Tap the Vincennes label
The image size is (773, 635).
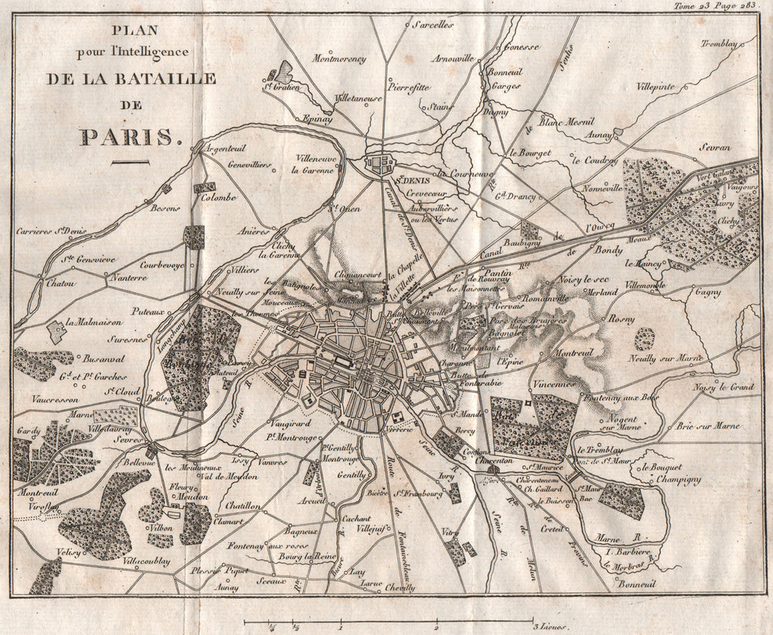554,384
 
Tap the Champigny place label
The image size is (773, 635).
678,480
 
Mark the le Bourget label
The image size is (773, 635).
530,153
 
